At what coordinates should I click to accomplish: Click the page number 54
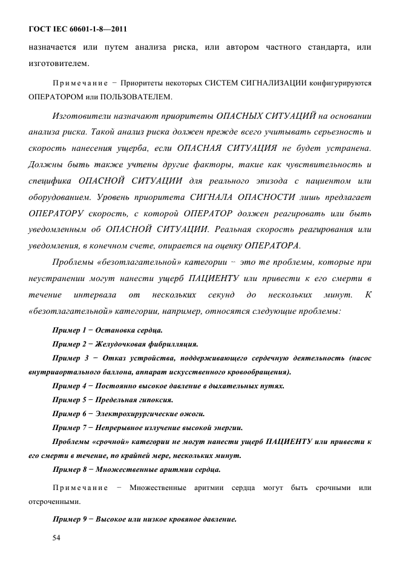coord(57,537)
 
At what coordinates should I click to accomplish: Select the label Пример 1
coord(67,330)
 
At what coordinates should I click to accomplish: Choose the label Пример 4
coord(67,386)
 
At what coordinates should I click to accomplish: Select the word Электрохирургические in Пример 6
coord(133,414)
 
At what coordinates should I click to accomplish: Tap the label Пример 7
coord(67,428)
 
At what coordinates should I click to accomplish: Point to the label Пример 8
coord(67,469)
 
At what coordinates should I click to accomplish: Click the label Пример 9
coord(67,519)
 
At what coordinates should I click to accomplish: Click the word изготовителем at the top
coord(59,63)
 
